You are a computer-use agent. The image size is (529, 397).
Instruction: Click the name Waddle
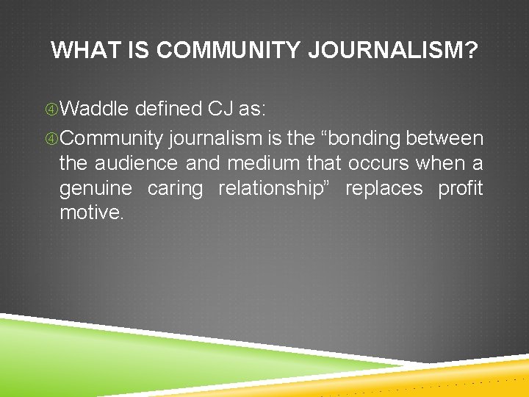point(96,109)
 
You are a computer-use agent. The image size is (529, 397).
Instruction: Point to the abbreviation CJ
point(220,109)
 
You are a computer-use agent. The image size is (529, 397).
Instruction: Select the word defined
point(169,109)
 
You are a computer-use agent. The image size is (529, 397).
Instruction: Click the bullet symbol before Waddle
point(51,110)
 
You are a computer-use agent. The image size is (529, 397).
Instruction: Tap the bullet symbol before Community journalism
point(51,139)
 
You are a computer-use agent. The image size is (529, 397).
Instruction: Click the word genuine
point(96,189)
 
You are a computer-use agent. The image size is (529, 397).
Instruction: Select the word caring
point(175,189)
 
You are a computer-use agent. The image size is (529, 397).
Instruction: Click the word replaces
point(384,189)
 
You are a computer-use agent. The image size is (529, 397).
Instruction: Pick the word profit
point(461,189)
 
